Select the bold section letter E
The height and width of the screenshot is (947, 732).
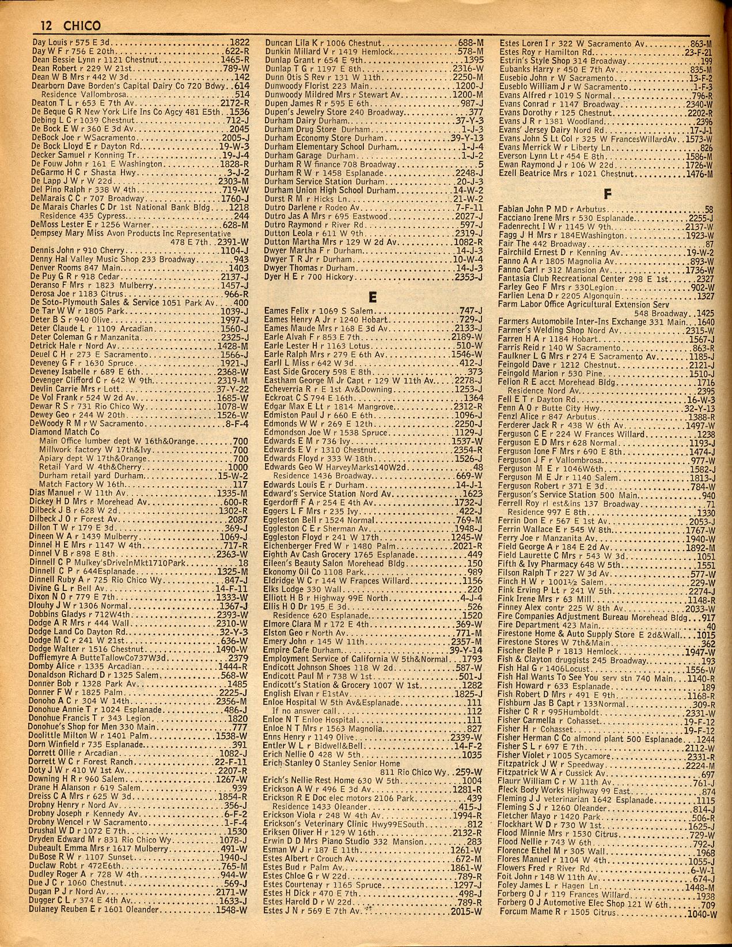[373, 297]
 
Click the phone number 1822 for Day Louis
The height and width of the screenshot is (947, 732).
[239, 43]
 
